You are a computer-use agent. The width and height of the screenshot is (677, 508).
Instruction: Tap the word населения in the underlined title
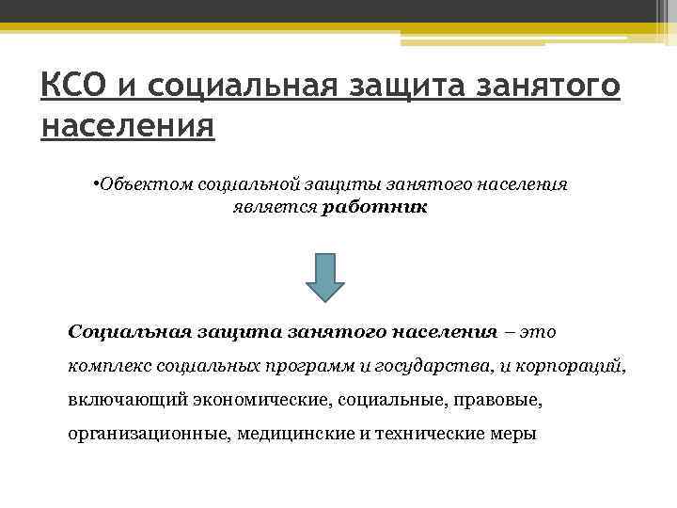[128, 125]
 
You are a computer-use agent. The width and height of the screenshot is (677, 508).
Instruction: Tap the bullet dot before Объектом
[97, 181]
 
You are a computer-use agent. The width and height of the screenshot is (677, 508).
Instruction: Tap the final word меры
[514, 435]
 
